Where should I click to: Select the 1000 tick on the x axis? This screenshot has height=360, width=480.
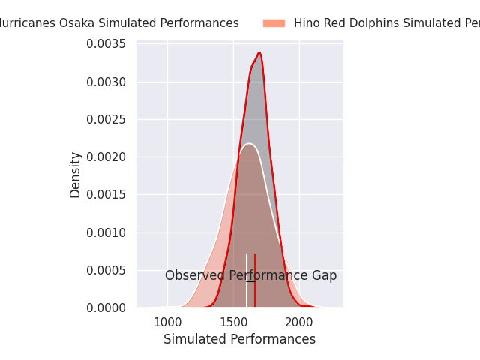pyautogui.click(x=167, y=322)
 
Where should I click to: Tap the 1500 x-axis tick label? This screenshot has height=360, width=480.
pyautogui.click(x=233, y=322)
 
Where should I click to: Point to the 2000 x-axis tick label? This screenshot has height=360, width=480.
pyautogui.click(x=299, y=322)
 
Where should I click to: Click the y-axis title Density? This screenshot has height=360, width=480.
pyautogui.click(x=75, y=175)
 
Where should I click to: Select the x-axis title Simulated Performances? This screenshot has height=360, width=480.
pyautogui.click(x=239, y=339)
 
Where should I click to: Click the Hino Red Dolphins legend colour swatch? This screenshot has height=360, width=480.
pyautogui.click(x=274, y=23)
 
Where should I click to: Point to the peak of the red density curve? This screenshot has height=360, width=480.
pyautogui.click(x=259, y=53)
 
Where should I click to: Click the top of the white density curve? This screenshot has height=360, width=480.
pyautogui.click(x=249, y=143)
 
